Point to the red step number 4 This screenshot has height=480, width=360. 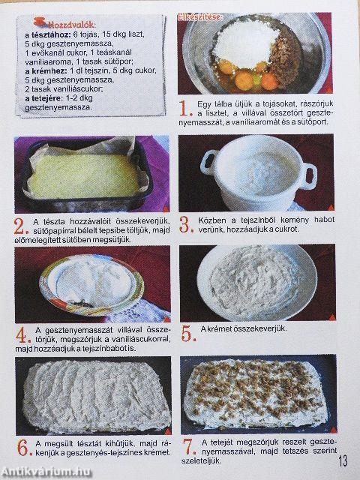click(x=22, y=332)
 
